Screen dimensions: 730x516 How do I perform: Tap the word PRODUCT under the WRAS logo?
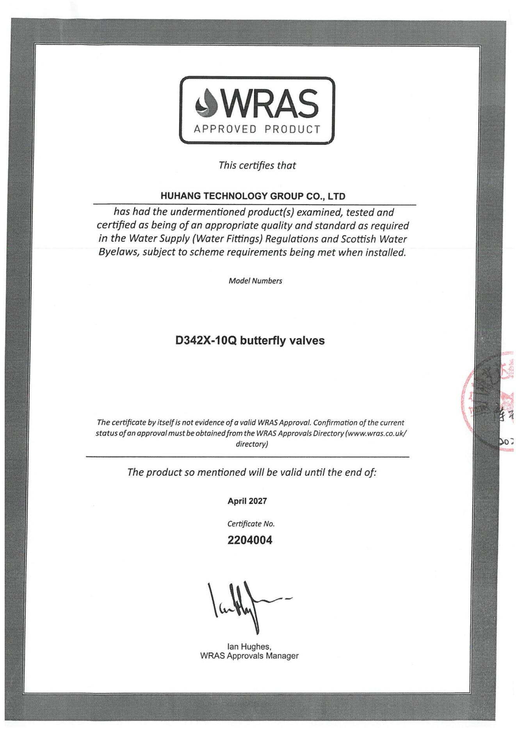click(x=292, y=129)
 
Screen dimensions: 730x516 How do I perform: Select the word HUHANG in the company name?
click(x=180, y=196)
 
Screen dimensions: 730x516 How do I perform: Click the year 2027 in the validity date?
click(x=258, y=501)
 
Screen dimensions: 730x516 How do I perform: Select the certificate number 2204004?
click(x=250, y=540)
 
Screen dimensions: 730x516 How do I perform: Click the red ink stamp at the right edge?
click(x=488, y=402)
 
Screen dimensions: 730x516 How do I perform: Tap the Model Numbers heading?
click(x=255, y=281)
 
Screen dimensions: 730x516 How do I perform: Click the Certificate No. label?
click(x=251, y=524)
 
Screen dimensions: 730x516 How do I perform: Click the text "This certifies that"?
click(x=257, y=165)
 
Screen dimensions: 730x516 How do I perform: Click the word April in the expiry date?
click(x=237, y=501)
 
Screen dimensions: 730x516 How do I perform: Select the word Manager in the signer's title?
click(x=282, y=656)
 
